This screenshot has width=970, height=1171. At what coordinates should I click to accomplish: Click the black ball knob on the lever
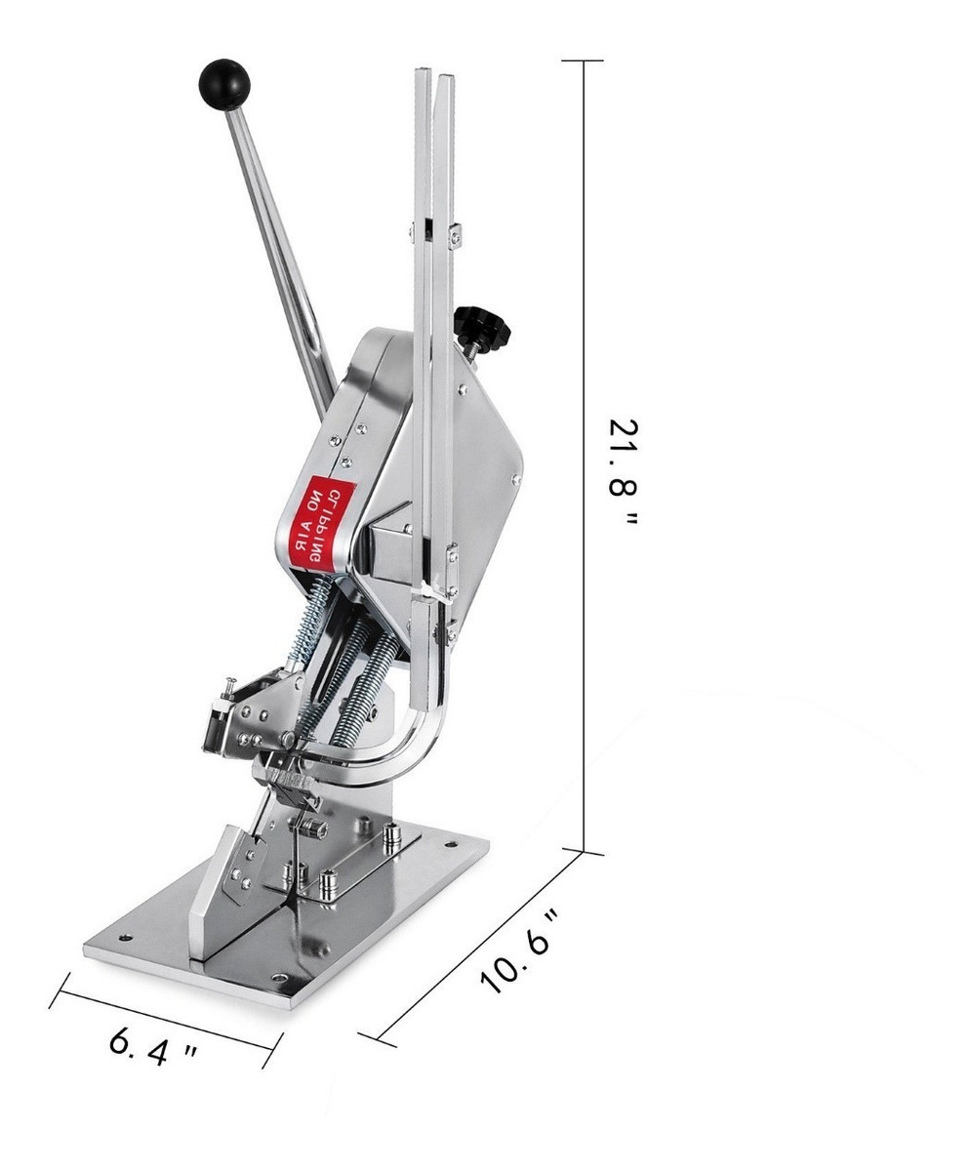(224, 85)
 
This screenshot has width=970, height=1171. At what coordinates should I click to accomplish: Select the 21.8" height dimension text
(623, 471)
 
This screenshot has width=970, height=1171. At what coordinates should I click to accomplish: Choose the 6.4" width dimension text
(152, 1049)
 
